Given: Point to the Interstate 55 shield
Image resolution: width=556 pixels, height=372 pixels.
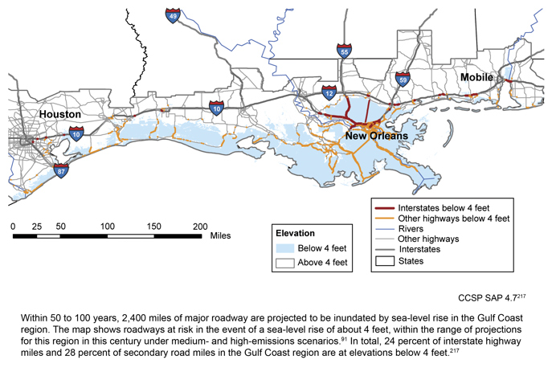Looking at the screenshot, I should tap(343, 51).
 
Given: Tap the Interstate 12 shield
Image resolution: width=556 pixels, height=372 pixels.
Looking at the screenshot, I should tap(328, 93).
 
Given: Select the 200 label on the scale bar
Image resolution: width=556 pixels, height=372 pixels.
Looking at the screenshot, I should tap(199, 227).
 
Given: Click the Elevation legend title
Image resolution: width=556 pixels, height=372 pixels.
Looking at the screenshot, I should tap(295, 233).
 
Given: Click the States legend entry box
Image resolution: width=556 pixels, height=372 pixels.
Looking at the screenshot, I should tap(388, 260).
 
